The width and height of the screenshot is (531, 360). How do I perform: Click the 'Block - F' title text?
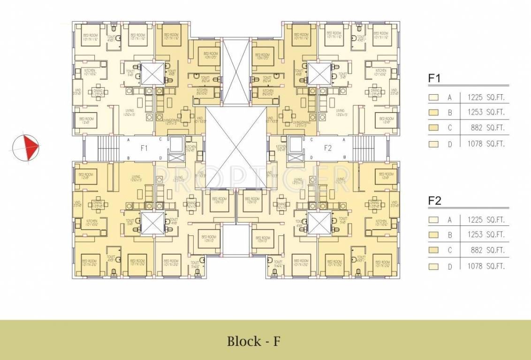tap(253, 341)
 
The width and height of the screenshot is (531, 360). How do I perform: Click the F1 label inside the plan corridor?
tap(144, 148)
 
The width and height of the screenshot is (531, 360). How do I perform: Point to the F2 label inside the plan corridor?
tap(328, 148)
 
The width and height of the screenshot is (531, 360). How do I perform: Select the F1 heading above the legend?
tap(434, 78)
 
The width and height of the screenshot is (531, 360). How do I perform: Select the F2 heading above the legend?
tap(435, 201)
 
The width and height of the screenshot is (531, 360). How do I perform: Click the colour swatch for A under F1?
tap(434, 98)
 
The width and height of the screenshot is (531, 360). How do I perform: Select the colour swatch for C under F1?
tap(434, 128)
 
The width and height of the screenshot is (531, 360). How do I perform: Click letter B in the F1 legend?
tap(449, 113)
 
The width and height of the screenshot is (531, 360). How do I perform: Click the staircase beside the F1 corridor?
tap(107, 148)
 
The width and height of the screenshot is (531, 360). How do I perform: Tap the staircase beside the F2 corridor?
tap(365, 148)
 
